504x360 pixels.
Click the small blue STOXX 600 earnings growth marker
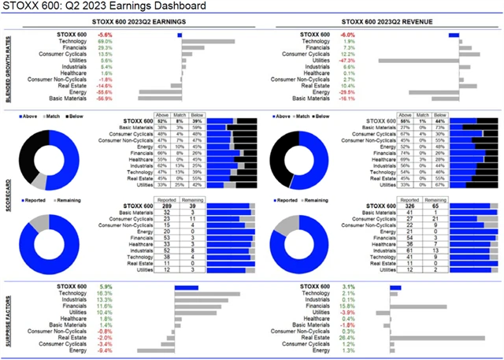coord(180,35)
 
